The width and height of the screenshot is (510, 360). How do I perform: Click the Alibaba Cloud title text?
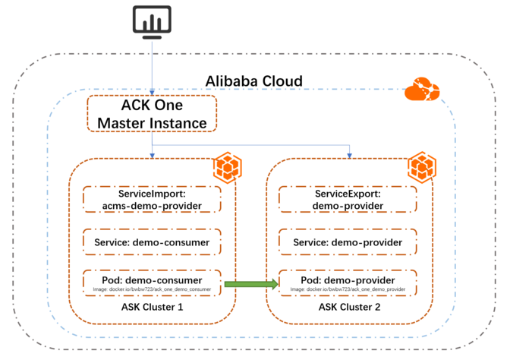[254, 81]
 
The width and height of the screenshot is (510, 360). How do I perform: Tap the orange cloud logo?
[421, 90]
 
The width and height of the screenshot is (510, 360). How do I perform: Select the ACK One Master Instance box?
[152, 113]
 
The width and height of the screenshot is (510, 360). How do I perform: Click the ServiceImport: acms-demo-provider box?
[152, 200]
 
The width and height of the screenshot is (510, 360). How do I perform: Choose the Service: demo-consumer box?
[152, 242]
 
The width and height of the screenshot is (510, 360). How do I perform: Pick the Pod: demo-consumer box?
[152, 283]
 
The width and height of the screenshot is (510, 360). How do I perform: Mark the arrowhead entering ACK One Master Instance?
[152, 92]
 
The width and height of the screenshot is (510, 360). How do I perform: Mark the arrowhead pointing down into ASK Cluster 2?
[350, 156]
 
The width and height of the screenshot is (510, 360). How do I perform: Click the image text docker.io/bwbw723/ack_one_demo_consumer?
[153, 290]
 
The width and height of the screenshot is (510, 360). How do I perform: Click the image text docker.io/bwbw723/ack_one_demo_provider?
[347, 290]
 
